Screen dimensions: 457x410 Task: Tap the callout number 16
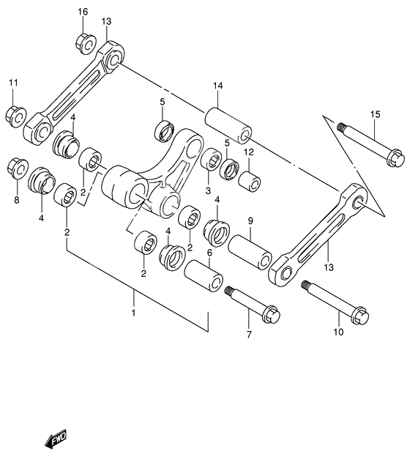point(83,12)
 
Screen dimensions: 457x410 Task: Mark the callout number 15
point(375,114)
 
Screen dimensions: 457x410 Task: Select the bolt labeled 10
point(334,302)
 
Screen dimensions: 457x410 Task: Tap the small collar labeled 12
point(250,179)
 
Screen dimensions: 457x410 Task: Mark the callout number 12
point(248,152)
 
